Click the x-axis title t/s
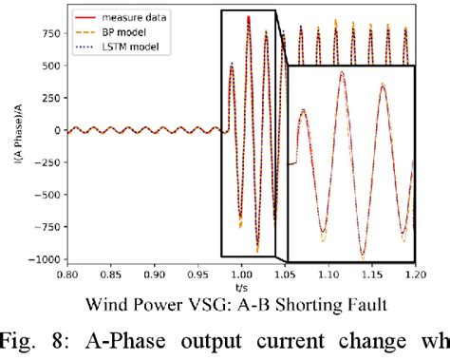click(241, 288)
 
